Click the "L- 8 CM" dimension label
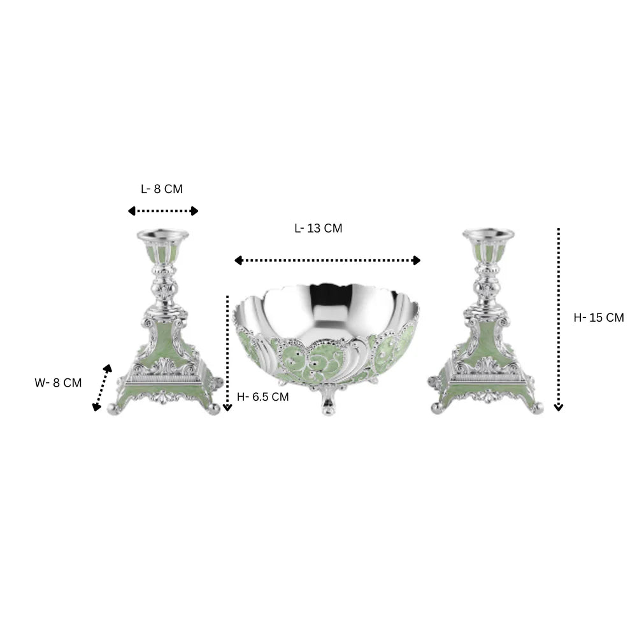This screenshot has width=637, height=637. pyautogui.click(x=162, y=189)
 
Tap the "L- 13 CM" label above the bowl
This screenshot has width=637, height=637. pyautogui.click(x=318, y=228)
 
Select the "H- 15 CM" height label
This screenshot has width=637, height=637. pyautogui.click(x=598, y=318)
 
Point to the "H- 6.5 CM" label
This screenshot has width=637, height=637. pyautogui.click(x=262, y=397)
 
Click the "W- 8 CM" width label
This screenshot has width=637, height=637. pyautogui.click(x=58, y=383)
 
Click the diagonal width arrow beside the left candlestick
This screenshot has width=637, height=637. pyautogui.click(x=102, y=387)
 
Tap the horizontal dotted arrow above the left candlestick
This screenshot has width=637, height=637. pyautogui.click(x=163, y=211)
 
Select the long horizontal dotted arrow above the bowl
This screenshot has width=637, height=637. pyautogui.click(x=327, y=261)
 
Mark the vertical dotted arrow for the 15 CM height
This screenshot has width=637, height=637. pyautogui.click(x=559, y=320)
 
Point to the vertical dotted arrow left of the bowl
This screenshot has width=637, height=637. pyautogui.click(x=227, y=353)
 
